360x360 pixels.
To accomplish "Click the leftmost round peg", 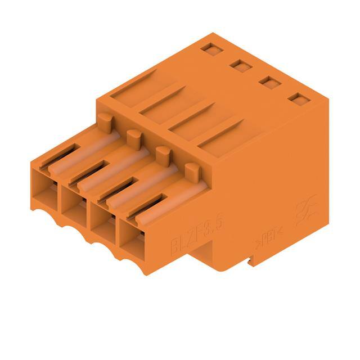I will point(105,120).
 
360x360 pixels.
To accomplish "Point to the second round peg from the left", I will point(133,136).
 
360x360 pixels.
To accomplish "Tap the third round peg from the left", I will point(163,152).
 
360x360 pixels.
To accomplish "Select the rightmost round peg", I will point(192,169).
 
